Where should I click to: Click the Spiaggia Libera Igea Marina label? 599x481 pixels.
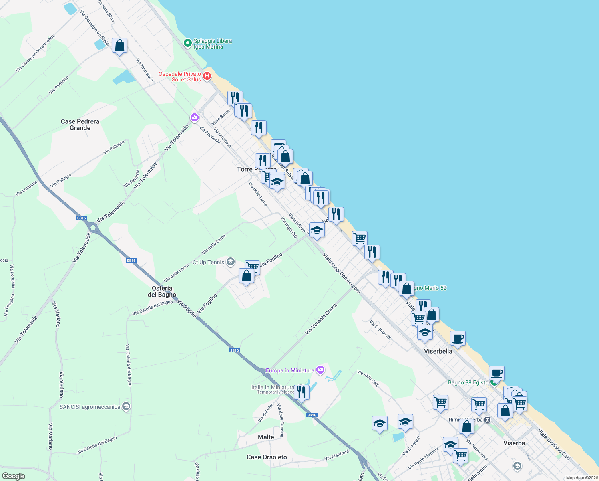213,44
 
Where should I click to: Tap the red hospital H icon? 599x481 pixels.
207,76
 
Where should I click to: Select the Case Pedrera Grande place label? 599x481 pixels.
80,125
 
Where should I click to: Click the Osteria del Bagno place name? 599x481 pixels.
162,291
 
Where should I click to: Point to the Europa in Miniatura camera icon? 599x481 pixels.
320,370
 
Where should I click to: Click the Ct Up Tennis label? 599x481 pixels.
209,262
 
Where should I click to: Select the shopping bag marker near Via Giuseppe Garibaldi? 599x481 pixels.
119,46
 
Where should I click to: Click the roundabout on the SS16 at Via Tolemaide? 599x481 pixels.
93,228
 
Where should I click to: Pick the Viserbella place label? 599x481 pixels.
438,351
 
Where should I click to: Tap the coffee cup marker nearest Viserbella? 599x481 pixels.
458,339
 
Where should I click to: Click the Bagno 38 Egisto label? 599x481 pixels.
468,382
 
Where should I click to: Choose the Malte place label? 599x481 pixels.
266,437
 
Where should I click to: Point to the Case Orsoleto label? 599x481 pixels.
267,457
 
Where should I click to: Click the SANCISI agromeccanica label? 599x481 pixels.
90,407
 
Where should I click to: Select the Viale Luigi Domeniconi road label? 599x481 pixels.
342,273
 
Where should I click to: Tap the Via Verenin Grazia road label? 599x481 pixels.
321,319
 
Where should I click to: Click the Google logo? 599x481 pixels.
14,476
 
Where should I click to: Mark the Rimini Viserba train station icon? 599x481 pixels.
487,420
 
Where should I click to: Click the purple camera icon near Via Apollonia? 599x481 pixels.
195,117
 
